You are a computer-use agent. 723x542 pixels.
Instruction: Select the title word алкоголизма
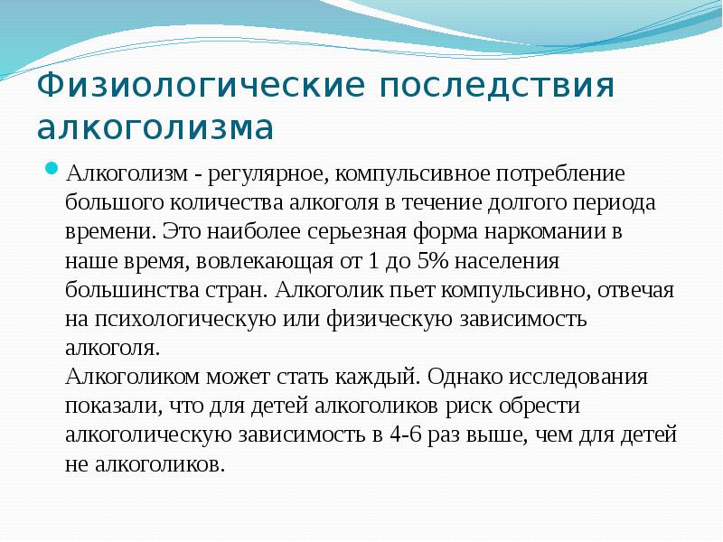point(155,127)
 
